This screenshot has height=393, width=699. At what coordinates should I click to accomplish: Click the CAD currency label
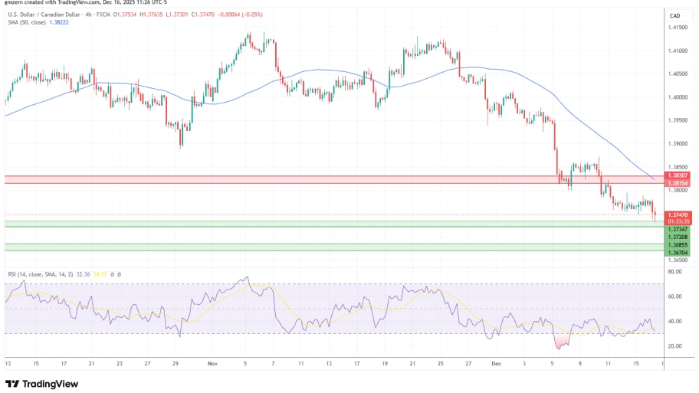(674, 15)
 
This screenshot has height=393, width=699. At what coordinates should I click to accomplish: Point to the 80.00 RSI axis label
(674, 271)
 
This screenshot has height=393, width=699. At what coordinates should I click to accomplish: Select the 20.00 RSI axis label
(674, 346)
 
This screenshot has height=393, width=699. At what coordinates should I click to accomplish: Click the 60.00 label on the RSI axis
(674, 296)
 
